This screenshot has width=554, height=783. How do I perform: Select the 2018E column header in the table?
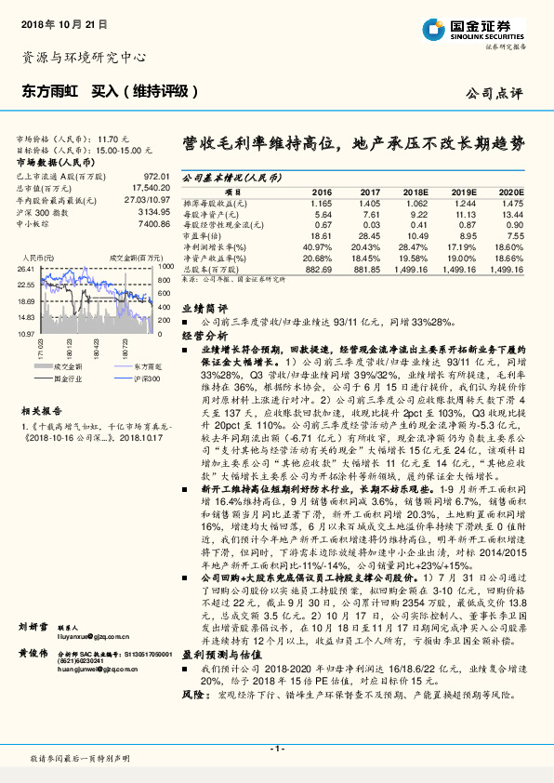[x=414, y=191]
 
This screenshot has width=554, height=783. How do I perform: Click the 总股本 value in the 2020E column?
[x=507, y=268]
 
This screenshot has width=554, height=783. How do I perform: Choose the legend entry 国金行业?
[x=67, y=378]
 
